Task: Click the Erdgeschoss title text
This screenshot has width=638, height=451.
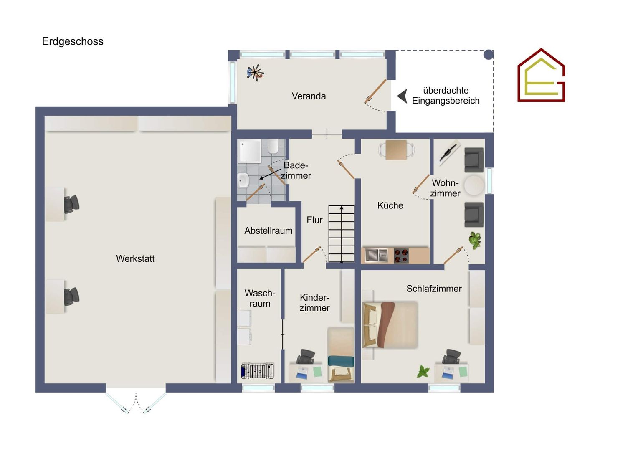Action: (x=73, y=42)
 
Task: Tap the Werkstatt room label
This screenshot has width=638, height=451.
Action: (x=135, y=258)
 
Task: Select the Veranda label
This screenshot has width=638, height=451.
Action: (x=309, y=96)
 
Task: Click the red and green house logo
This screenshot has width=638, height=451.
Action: (x=541, y=75)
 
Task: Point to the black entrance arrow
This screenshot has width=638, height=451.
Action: (x=402, y=96)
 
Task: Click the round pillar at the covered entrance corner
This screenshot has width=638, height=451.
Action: (x=489, y=54)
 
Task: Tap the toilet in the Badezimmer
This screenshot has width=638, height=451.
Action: (x=273, y=146)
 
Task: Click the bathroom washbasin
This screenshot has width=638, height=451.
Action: (x=243, y=180)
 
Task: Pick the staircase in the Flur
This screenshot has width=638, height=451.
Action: (x=342, y=233)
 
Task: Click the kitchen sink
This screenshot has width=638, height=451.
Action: (x=377, y=255)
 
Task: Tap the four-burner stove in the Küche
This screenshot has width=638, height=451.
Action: (x=401, y=256)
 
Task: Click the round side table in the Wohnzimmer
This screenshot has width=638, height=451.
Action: (x=474, y=185)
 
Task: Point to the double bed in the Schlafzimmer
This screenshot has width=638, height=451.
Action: (x=390, y=325)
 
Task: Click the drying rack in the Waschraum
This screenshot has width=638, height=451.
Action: (x=258, y=371)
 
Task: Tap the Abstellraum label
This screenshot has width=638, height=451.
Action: (x=268, y=231)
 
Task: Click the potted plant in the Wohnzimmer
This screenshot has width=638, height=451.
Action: (x=475, y=240)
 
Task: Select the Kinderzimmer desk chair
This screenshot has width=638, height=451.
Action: (x=306, y=357)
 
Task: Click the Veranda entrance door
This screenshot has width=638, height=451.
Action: (x=375, y=91)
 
